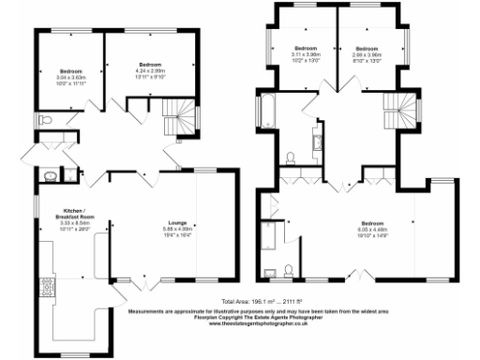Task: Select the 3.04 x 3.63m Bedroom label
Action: click(x=71, y=71)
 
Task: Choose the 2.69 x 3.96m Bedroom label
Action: click(x=367, y=48)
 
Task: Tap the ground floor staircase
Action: click(x=179, y=120)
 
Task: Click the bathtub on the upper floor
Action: click(x=266, y=109)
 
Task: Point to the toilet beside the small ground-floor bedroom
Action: click(x=46, y=120)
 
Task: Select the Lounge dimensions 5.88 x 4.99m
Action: click(x=176, y=228)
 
